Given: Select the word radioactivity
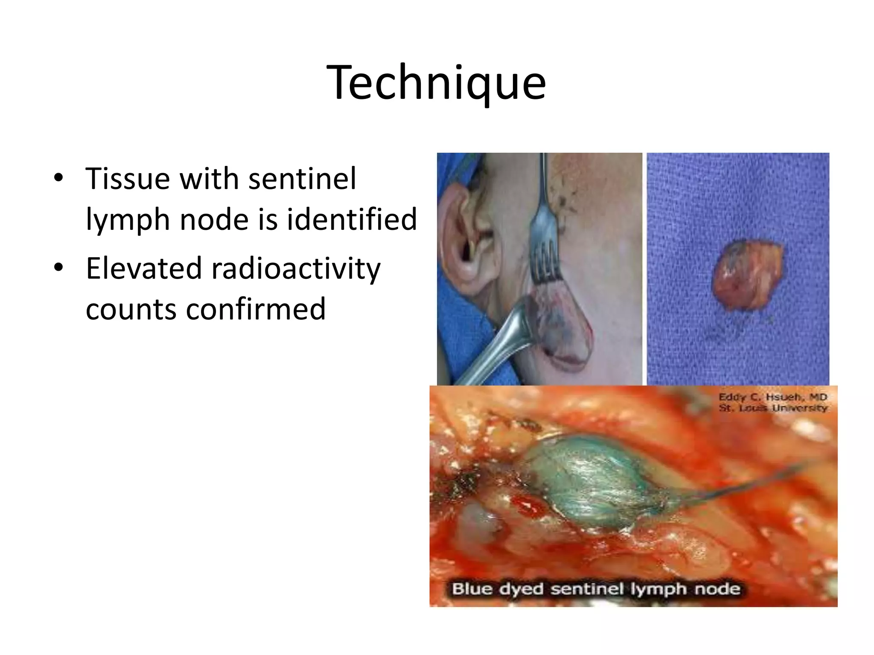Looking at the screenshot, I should [291, 269].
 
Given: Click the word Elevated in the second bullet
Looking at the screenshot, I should [144, 268].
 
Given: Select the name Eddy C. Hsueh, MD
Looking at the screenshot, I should [772, 397].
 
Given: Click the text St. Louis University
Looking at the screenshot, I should [772, 408].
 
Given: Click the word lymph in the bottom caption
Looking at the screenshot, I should [664, 590].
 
